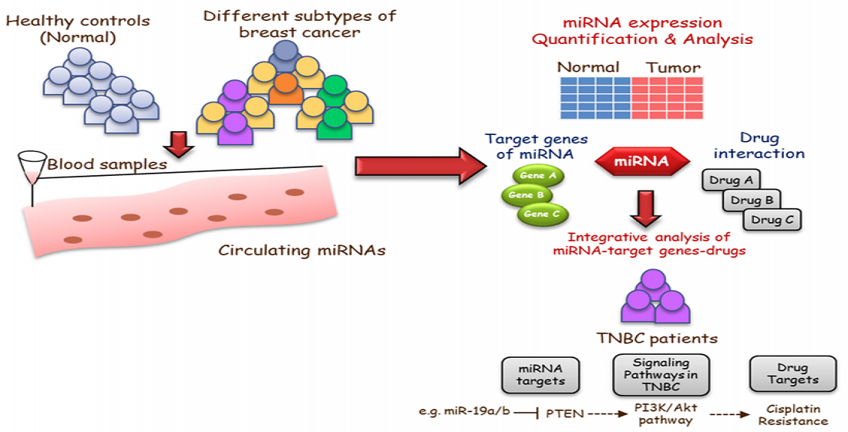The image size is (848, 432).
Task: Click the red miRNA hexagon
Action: [x=641, y=163]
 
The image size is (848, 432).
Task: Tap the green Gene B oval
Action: [x=527, y=195]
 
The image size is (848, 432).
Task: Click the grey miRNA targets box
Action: [x=532, y=375]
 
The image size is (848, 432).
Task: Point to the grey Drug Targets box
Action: [x=792, y=375]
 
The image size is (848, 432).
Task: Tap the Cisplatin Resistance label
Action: [x=792, y=415]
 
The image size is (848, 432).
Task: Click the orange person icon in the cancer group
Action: [x=284, y=91]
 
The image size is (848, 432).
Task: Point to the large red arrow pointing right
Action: [x=417, y=166]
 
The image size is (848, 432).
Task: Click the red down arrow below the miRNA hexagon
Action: [x=645, y=207]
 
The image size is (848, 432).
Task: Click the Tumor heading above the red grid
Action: [x=674, y=67]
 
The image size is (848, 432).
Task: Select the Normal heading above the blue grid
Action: [x=588, y=67]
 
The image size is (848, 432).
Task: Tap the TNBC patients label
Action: [x=657, y=338]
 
